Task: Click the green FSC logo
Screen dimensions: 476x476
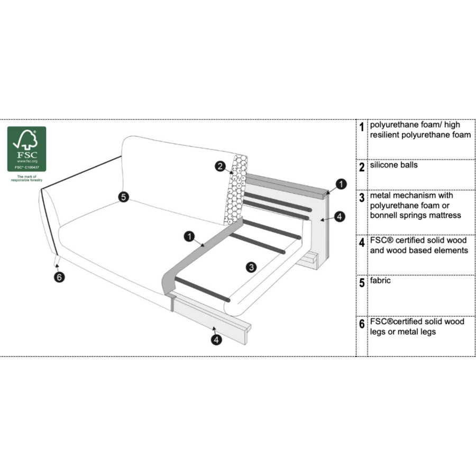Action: pyautogui.click(x=27, y=149)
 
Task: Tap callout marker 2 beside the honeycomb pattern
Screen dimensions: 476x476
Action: pyautogui.click(x=221, y=167)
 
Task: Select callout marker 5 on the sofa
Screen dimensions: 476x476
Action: pyautogui.click(x=124, y=197)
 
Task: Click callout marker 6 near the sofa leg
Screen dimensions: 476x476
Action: pyautogui.click(x=59, y=277)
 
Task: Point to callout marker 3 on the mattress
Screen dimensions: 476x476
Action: pyautogui.click(x=251, y=267)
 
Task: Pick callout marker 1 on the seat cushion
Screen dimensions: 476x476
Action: pyautogui.click(x=189, y=236)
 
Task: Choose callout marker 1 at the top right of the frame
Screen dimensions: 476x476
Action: pyautogui.click(x=341, y=184)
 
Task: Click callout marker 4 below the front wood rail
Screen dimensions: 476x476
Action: pyautogui.click(x=216, y=340)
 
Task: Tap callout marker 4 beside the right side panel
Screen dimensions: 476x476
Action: pyautogui.click(x=340, y=216)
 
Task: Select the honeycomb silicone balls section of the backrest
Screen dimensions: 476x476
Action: pyautogui.click(x=236, y=190)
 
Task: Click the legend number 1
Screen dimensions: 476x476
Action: pyautogui.click(x=362, y=127)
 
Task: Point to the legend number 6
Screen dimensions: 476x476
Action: pyautogui.click(x=362, y=324)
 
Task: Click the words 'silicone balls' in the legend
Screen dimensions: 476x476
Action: pyautogui.click(x=393, y=165)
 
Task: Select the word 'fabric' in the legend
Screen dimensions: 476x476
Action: pyautogui.click(x=380, y=280)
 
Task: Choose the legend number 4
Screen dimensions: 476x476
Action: pyautogui.click(x=362, y=243)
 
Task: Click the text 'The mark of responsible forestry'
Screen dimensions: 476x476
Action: pyautogui.click(x=27, y=178)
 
